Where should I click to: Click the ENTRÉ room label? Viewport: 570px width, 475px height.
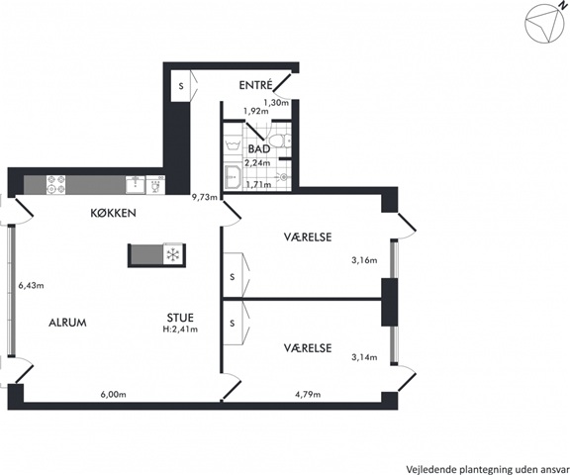click(x=255, y=85)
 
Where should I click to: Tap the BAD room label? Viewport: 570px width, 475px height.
click(x=259, y=149)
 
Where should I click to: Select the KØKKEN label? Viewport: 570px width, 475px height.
click(x=114, y=213)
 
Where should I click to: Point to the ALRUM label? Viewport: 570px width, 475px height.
click(x=67, y=323)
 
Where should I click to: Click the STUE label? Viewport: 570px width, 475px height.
click(x=180, y=318)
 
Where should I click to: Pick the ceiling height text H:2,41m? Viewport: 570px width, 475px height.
click(x=180, y=330)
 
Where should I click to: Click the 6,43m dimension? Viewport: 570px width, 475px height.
click(x=32, y=286)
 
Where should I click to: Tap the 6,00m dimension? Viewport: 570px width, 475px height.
click(x=114, y=394)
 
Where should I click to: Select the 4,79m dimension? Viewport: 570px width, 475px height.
click(x=308, y=394)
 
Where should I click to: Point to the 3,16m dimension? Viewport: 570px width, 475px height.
click(x=364, y=260)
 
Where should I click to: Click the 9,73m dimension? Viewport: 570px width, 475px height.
click(x=205, y=198)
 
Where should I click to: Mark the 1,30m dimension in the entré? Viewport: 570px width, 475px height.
click(x=276, y=103)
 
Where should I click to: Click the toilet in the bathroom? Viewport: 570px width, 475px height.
click(x=280, y=141)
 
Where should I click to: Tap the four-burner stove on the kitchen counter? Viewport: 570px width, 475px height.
click(x=55, y=184)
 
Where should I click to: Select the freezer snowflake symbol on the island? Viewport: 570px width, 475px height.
click(x=173, y=254)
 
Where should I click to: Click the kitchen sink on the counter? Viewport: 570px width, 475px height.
click(x=136, y=184)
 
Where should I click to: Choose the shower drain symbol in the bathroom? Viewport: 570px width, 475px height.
click(x=284, y=177)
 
